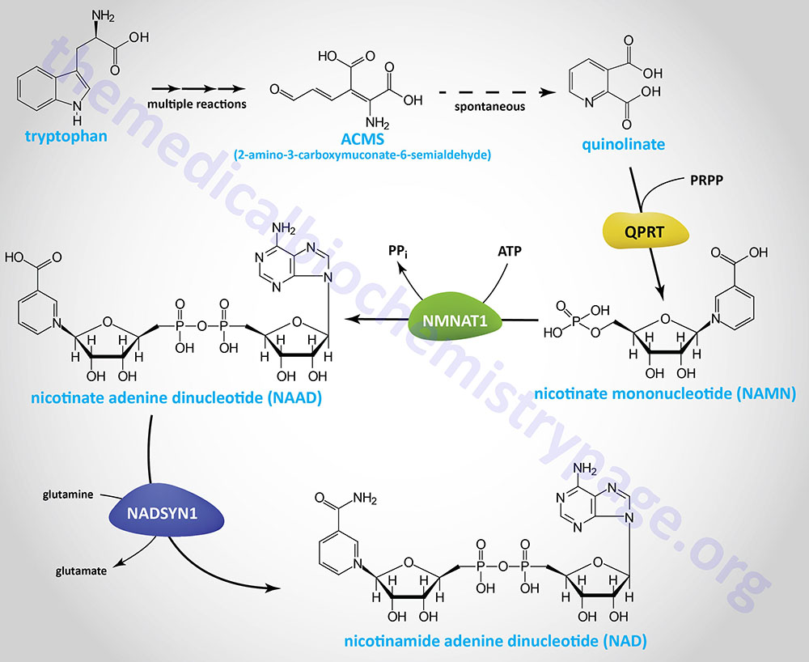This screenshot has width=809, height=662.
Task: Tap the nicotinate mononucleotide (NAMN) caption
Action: point(665,394)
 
